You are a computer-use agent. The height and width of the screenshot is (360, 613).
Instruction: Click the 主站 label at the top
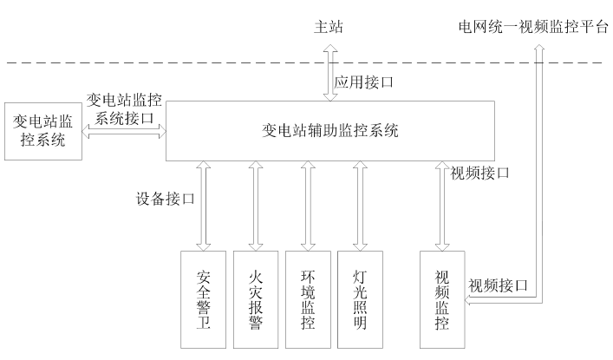[x=329, y=26]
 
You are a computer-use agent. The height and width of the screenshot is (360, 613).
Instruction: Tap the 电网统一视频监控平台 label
[x=533, y=26]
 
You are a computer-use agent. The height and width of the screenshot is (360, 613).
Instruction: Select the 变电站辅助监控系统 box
[x=329, y=131]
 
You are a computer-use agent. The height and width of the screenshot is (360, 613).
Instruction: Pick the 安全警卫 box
[x=204, y=299]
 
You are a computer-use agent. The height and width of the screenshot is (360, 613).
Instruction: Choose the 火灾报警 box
[x=256, y=299]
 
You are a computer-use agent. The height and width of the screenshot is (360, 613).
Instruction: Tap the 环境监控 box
[x=308, y=299]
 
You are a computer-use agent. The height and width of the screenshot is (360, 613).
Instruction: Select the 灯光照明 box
[x=360, y=299]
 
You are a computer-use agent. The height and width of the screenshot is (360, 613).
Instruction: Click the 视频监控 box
[x=440, y=299]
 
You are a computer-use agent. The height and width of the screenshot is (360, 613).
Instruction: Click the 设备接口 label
[x=166, y=198]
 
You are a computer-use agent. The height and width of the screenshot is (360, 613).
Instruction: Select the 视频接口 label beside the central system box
[x=479, y=173]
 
